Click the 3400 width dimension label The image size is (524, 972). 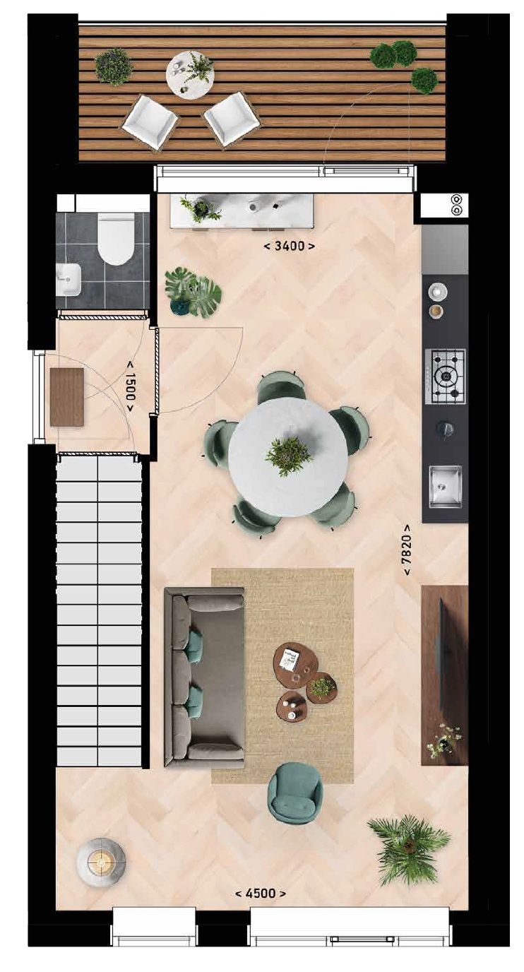coord(290,247)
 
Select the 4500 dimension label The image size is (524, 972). coord(261,894)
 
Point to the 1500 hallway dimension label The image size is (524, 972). coord(131,386)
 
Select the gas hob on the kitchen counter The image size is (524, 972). coord(445,376)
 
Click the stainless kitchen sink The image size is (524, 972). coord(445,485)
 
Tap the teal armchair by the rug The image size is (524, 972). coord(295,793)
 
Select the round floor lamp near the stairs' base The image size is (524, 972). coord(101,862)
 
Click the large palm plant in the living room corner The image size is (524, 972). coord(409,848)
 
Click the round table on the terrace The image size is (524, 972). coord(190,74)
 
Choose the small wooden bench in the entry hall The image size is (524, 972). coord(67,397)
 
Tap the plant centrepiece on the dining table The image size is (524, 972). coord(288,454)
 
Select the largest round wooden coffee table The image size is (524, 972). coord(295,665)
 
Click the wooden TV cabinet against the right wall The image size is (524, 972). coord(445,675)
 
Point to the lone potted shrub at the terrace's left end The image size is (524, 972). coord(114,66)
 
